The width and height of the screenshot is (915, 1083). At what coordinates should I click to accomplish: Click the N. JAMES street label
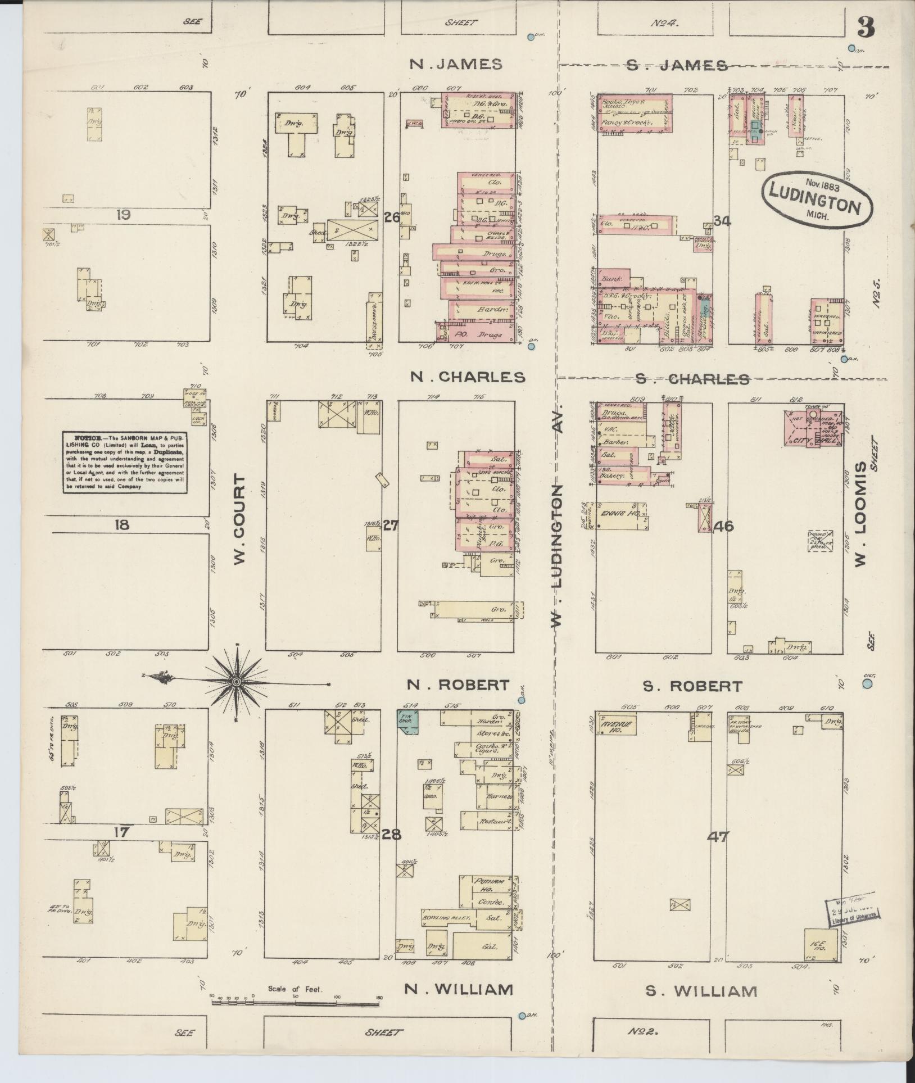coord(455,65)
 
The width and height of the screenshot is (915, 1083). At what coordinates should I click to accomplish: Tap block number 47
coord(718,853)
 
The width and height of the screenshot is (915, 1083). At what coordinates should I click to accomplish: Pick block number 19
coord(124,214)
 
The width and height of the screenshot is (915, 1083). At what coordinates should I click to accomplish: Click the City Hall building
coord(813,428)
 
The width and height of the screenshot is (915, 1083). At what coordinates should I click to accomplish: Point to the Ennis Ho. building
coord(617,515)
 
